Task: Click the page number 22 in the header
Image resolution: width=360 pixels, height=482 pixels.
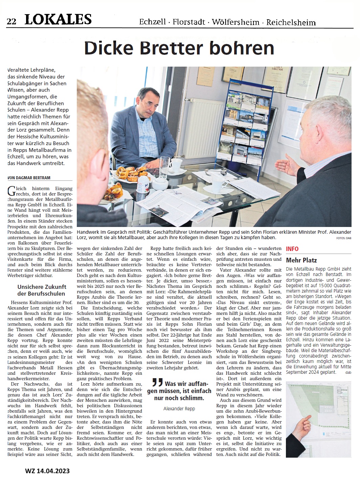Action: click(x=11, y=21)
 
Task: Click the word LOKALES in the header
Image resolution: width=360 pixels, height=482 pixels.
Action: click(x=58, y=20)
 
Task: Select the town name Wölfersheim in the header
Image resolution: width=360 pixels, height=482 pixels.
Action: click(x=235, y=22)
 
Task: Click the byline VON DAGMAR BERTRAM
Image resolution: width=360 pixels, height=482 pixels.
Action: click(x=29, y=177)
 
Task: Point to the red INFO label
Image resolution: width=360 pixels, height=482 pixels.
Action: click(x=292, y=249)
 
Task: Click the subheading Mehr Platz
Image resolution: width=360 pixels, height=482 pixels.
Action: click(x=301, y=260)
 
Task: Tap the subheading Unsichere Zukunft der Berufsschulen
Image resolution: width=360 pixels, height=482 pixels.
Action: click(x=42, y=290)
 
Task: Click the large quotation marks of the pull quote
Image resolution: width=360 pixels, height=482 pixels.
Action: click(x=157, y=383)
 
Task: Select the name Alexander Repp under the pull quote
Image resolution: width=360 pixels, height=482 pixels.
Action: click(x=179, y=409)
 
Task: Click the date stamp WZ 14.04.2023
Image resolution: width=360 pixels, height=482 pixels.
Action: click(x=47, y=471)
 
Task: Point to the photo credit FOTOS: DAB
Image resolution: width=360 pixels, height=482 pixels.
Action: click(x=343, y=238)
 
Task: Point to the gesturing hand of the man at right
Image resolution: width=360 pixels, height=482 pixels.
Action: click(x=287, y=165)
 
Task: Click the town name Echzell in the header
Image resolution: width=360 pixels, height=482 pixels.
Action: click(x=152, y=22)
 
